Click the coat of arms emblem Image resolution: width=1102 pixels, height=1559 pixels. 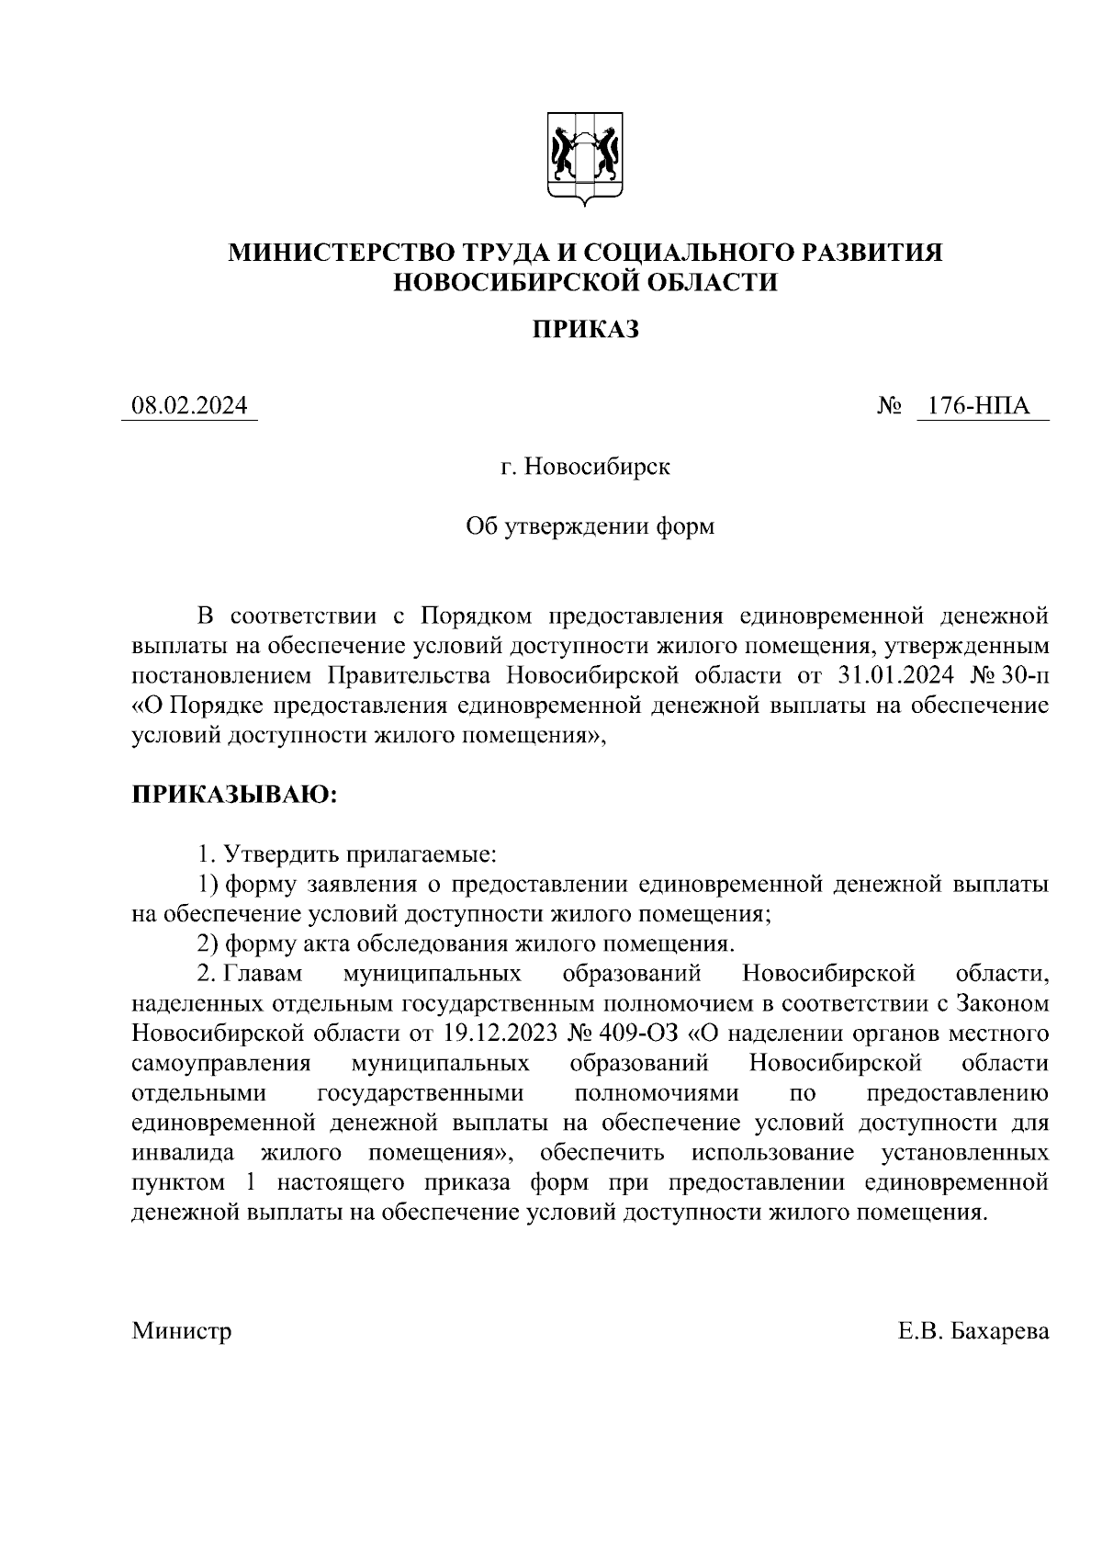point(585,157)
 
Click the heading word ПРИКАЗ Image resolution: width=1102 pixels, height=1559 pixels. point(586,329)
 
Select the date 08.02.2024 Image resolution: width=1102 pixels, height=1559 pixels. point(190,405)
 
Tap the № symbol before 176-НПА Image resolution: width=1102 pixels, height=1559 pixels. point(889,405)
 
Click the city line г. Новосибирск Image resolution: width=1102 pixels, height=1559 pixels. point(586,467)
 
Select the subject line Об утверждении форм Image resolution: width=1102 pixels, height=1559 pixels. point(590,526)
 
